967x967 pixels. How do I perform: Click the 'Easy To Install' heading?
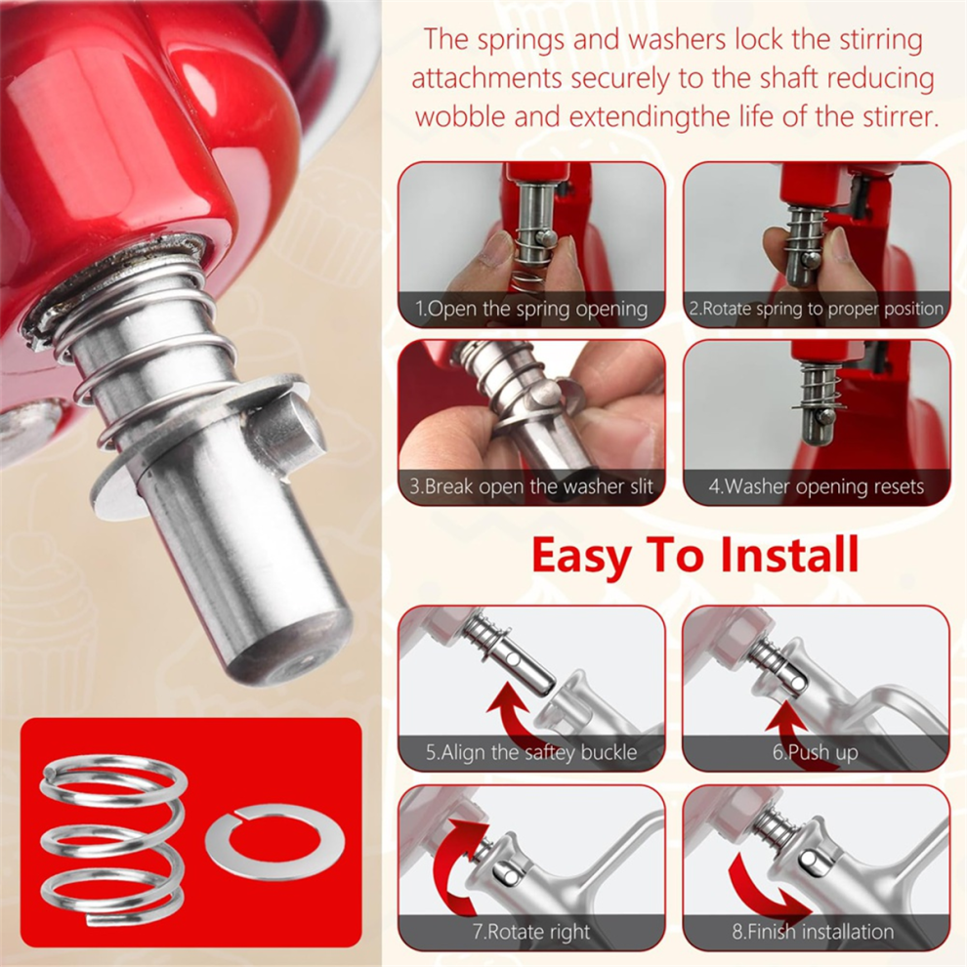pyautogui.click(x=695, y=555)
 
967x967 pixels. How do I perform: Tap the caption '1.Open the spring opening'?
pyautogui.click(x=531, y=309)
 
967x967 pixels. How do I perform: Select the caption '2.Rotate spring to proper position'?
pyautogui.click(x=817, y=309)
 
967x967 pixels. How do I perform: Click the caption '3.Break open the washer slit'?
pyautogui.click(x=531, y=486)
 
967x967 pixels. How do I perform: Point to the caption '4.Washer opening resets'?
pyautogui.click(x=817, y=486)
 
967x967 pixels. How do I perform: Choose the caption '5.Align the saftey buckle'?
pyautogui.click(x=531, y=752)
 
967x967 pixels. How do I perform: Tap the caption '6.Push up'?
pyautogui.click(x=816, y=752)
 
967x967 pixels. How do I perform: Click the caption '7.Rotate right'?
pyautogui.click(x=531, y=931)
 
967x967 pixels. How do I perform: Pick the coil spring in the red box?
pyautogui.click(x=113, y=841)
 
